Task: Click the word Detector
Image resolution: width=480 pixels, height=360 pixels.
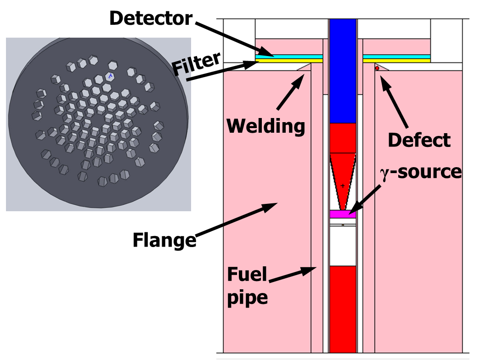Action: pyautogui.click(x=151, y=18)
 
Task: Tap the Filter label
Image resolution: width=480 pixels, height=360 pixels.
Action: pyautogui.click(x=196, y=64)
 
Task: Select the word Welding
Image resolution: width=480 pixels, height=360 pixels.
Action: pyautogui.click(x=265, y=126)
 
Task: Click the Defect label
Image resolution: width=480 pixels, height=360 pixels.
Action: pyautogui.click(x=419, y=140)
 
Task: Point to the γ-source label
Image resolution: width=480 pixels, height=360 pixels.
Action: pyautogui.click(x=421, y=172)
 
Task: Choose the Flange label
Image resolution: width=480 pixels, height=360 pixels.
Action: pyautogui.click(x=164, y=240)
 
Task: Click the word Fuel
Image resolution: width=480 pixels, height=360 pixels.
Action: pyautogui.click(x=247, y=274)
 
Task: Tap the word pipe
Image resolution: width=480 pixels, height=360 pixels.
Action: pyautogui.click(x=247, y=298)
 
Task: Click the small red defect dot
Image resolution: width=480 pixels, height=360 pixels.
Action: pyautogui.click(x=377, y=68)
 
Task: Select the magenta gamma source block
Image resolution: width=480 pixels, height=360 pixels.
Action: pyautogui.click(x=343, y=214)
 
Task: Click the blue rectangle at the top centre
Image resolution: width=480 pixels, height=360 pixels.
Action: pyautogui.click(x=343, y=71)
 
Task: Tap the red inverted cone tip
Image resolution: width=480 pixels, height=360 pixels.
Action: pyautogui.click(x=343, y=210)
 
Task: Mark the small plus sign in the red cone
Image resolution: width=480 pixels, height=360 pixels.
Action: pyautogui.click(x=343, y=186)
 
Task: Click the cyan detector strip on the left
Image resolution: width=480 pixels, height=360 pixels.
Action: pyautogui.click(x=289, y=56)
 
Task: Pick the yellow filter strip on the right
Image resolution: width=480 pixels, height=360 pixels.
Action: pyautogui.click(x=397, y=61)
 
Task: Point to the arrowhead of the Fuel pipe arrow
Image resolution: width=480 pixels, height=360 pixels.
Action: pyautogui.click(x=309, y=270)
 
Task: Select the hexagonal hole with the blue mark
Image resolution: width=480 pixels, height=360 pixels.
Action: pyautogui.click(x=110, y=76)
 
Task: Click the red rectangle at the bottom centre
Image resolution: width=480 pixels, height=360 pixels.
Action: pyautogui.click(x=343, y=309)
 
